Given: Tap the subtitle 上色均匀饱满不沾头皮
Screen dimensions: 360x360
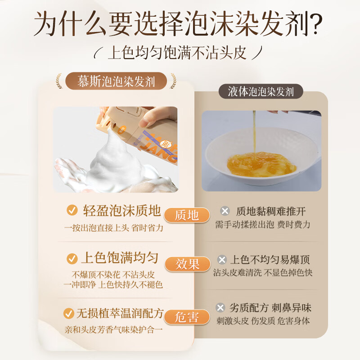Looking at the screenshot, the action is (177, 53).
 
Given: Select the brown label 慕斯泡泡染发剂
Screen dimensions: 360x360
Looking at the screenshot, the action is (116, 81).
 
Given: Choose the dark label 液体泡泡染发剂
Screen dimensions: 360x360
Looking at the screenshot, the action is (261, 91).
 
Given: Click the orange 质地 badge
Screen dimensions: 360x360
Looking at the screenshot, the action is (187, 215).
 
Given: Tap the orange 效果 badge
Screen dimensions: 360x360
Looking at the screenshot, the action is (187, 264).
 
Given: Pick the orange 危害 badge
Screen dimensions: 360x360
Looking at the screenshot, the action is (187, 317).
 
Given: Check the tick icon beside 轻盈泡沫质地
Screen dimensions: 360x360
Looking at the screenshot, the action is (72, 210).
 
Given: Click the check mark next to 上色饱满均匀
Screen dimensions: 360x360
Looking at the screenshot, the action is (72, 259).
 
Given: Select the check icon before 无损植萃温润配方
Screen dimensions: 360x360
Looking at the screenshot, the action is (69, 313).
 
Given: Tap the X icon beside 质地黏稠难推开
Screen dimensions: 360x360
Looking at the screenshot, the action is (225, 211).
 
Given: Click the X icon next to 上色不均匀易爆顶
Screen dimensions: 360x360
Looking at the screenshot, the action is (222, 260).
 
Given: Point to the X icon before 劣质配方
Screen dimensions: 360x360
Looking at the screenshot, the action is (220, 308).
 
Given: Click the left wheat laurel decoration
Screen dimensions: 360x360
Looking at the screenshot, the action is (59, 81).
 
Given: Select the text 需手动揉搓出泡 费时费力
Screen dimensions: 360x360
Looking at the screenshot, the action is (263, 225).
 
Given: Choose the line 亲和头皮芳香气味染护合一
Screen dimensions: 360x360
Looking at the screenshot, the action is (114, 330).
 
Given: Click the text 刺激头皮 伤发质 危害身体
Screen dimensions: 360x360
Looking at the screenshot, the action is (263, 321).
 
